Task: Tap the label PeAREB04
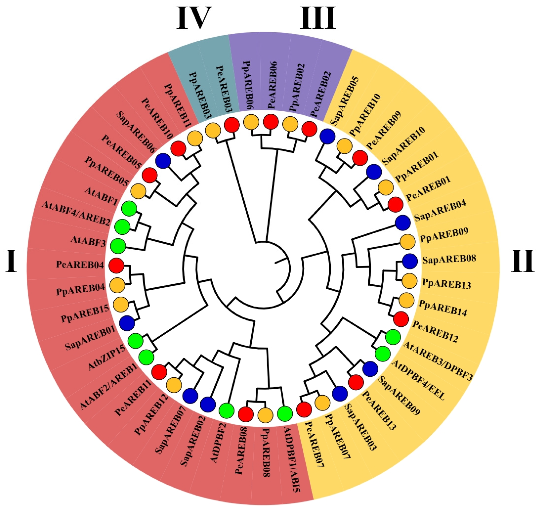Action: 80,265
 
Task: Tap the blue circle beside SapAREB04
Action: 403,223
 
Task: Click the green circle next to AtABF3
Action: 118,245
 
